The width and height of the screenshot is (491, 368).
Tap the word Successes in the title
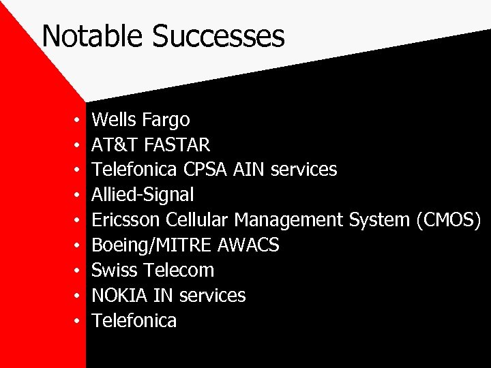(218, 35)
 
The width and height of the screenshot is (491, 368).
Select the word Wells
(115, 120)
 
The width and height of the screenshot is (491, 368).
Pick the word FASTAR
(177, 145)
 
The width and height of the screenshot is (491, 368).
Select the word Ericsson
(126, 220)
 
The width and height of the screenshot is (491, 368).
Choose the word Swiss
(114, 270)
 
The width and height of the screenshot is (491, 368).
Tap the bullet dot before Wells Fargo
(78, 121)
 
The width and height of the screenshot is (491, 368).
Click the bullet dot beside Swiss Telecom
(78, 271)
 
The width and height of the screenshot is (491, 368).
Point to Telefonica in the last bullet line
(134, 320)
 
